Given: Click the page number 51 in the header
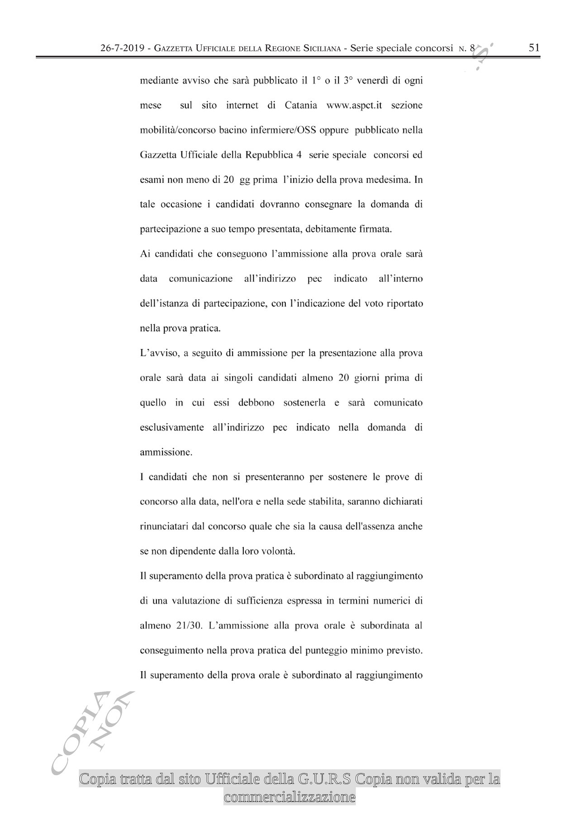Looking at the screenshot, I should [x=534, y=48].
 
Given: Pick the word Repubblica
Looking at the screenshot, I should [x=269, y=155].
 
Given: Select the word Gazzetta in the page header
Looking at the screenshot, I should [x=174, y=48].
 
